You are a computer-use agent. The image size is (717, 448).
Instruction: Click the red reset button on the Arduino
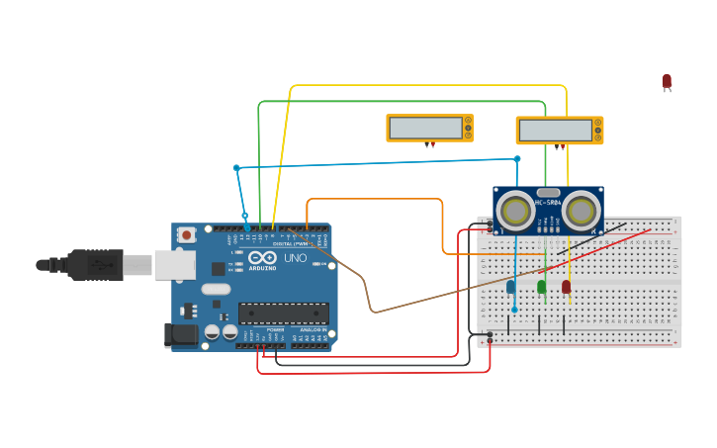point(186,234)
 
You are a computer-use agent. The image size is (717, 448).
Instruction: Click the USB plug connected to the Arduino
point(94,265)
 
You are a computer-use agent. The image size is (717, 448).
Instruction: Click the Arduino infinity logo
point(262,257)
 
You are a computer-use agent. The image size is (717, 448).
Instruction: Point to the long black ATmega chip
point(283,314)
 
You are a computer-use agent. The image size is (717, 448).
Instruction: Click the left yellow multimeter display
point(429,128)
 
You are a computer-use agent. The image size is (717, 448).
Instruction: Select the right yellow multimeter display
point(559,131)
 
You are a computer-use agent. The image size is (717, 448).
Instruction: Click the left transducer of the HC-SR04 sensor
point(515,210)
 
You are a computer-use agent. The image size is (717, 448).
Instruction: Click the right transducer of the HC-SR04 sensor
point(582,210)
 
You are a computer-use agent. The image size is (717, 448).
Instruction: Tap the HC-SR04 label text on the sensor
point(548,203)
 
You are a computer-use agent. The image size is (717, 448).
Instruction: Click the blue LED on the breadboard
point(511,287)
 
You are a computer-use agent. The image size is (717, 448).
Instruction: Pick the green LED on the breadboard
point(541,287)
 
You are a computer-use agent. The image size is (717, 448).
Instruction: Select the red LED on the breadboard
point(566,287)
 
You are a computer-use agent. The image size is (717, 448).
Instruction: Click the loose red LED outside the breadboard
point(667,81)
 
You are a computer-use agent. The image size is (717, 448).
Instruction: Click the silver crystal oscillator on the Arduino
point(217,290)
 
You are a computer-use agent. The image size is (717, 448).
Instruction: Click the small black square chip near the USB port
point(218,268)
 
